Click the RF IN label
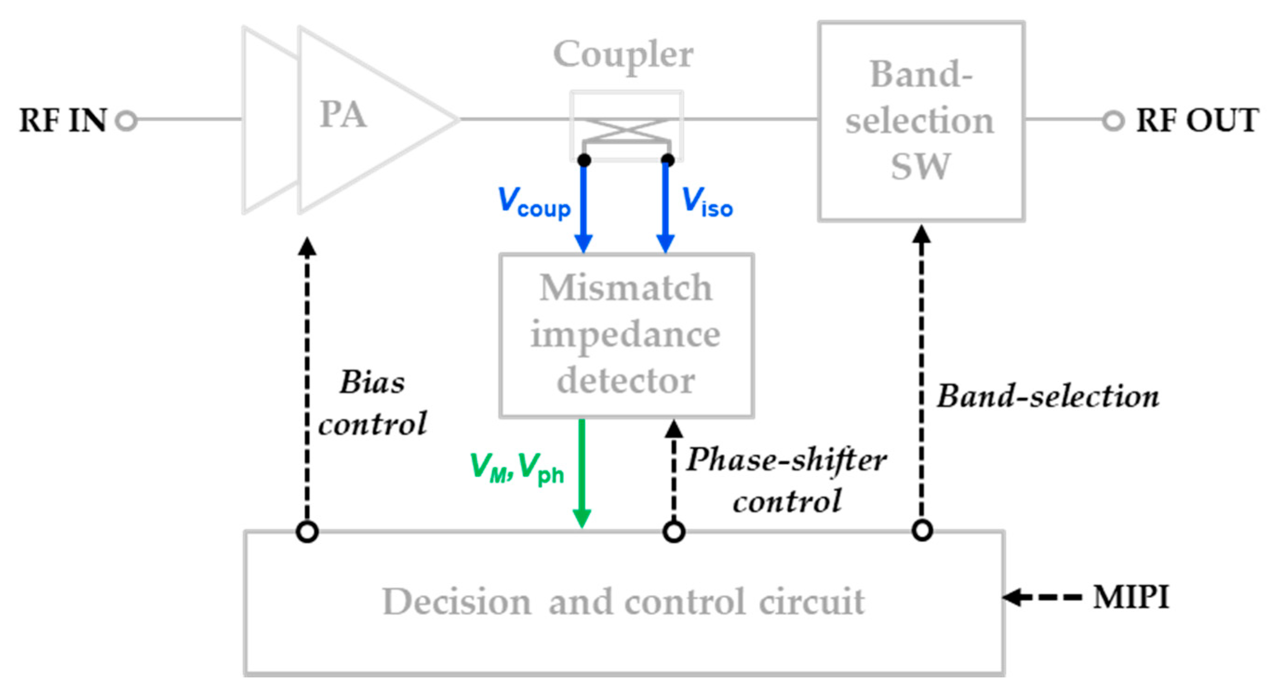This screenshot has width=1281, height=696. pyautogui.click(x=63, y=120)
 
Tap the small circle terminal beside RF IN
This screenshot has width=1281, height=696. pyautogui.click(x=127, y=120)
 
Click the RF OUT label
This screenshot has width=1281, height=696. pyautogui.click(x=1197, y=120)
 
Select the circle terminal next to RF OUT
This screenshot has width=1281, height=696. pyautogui.click(x=1114, y=120)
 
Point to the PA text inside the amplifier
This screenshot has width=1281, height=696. pyautogui.click(x=343, y=114)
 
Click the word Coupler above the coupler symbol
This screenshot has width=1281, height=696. pyautogui.click(x=623, y=55)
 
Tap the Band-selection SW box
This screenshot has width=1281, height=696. pyautogui.click(x=921, y=121)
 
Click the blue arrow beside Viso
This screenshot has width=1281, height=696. pyautogui.click(x=665, y=209)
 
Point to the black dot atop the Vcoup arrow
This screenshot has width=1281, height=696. pyautogui.click(x=584, y=160)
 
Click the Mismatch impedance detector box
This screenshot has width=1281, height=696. pyautogui.click(x=626, y=336)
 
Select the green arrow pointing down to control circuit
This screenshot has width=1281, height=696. pyautogui.click(x=581, y=472)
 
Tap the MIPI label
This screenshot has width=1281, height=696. pyautogui.click(x=1131, y=597)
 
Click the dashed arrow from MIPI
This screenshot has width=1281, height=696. pyautogui.click(x=1042, y=597)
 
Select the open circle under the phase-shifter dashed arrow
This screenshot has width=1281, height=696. pyautogui.click(x=674, y=531)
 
